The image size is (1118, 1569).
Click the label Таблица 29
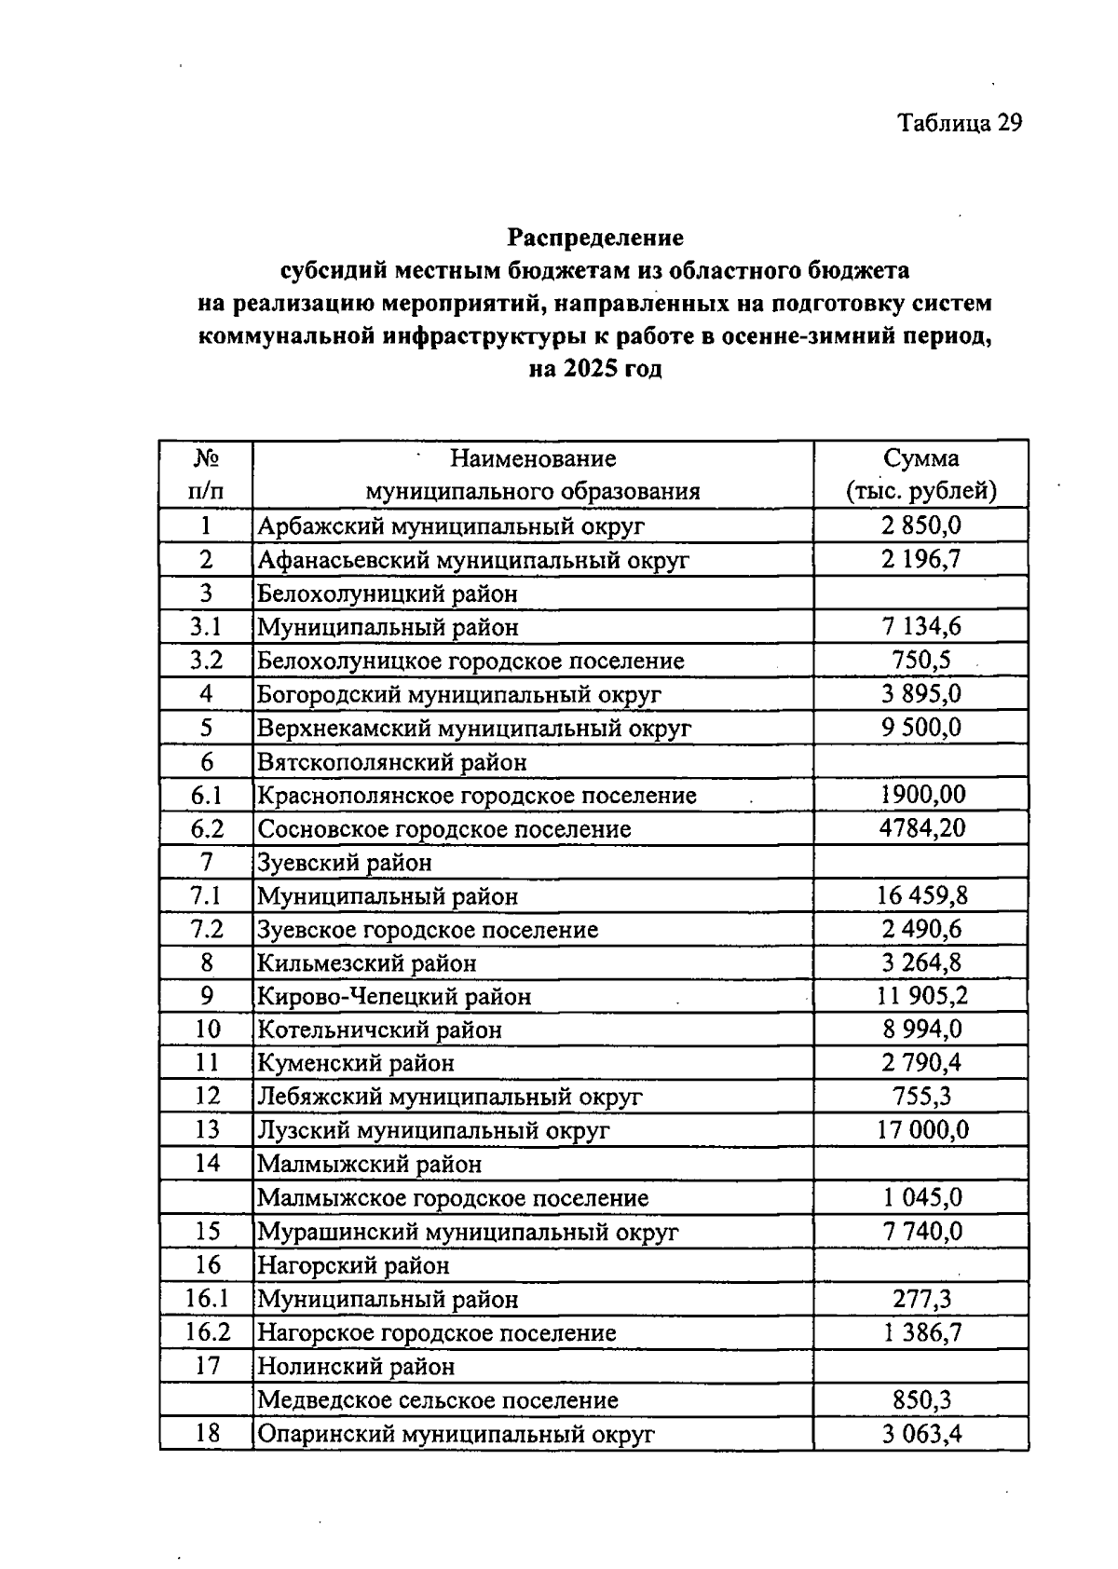click(x=960, y=123)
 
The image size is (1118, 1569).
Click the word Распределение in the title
click(x=595, y=238)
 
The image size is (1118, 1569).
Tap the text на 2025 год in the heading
click(x=595, y=369)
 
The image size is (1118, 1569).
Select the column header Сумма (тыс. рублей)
click(x=920, y=474)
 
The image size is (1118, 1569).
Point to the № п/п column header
click(x=206, y=474)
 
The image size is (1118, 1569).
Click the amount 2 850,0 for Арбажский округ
click(x=920, y=525)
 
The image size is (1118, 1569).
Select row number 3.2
click(x=206, y=661)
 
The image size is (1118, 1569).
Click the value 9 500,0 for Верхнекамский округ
click(x=920, y=728)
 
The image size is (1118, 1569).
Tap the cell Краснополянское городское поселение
click(x=476, y=796)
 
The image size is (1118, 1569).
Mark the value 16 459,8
click(x=921, y=896)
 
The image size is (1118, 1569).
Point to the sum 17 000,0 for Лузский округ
click(x=921, y=1130)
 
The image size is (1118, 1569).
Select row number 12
click(x=207, y=1097)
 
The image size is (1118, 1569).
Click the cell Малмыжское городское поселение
click(x=452, y=1198)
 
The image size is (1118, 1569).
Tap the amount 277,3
click(x=920, y=1299)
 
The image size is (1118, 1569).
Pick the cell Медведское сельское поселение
click(x=437, y=1400)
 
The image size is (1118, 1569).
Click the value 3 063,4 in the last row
click(x=920, y=1434)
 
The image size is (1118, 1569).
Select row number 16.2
click(x=207, y=1332)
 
